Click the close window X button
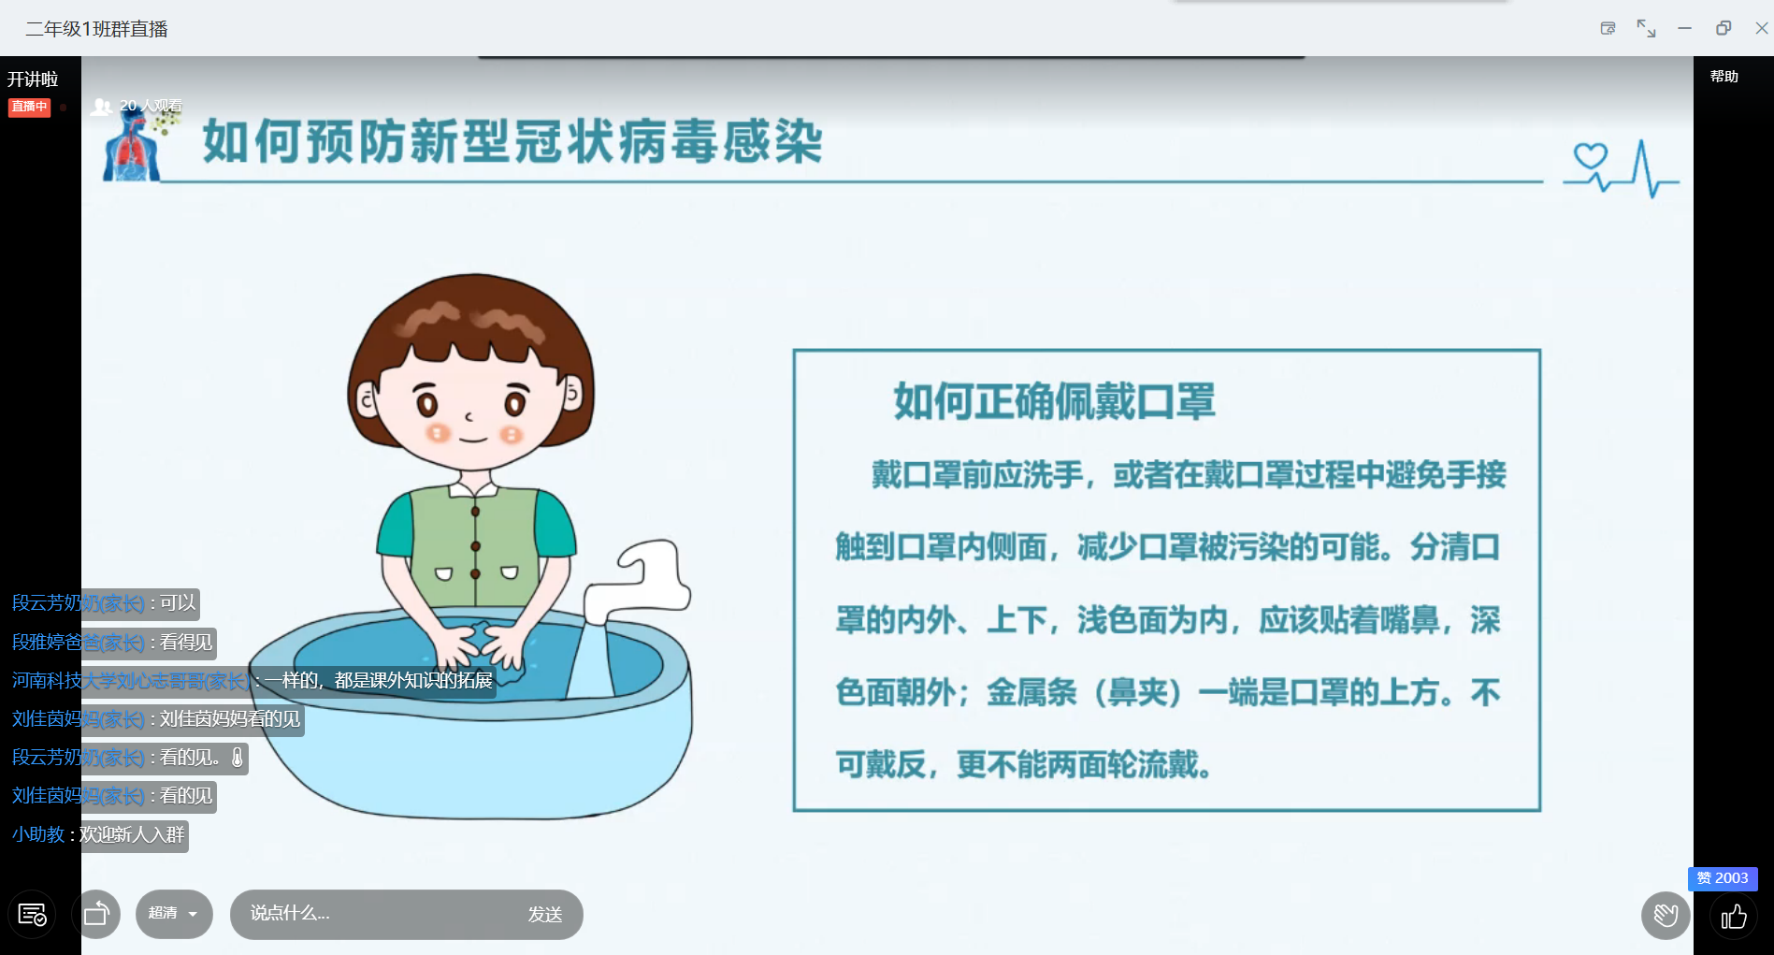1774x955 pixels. click(x=1762, y=28)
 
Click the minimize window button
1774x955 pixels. click(x=1685, y=28)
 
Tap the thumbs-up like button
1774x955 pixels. click(x=1734, y=916)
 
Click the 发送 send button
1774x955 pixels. click(x=545, y=914)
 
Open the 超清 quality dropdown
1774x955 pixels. click(x=174, y=914)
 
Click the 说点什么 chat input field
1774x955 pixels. click(x=374, y=914)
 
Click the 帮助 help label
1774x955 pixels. click(x=1724, y=77)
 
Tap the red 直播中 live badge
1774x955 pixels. click(x=29, y=107)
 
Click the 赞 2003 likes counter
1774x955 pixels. click(x=1723, y=878)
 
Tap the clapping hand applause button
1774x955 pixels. click(x=1666, y=915)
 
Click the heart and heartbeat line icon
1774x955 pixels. click(x=1621, y=168)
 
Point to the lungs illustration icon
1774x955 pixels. click(x=132, y=147)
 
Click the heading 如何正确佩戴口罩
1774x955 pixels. click(x=1054, y=401)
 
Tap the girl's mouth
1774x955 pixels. click(x=473, y=438)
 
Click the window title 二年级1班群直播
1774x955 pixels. click(x=96, y=29)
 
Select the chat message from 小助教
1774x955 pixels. click(x=98, y=834)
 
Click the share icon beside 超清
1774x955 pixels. click(x=96, y=914)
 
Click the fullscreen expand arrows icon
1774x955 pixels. click(x=1646, y=28)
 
